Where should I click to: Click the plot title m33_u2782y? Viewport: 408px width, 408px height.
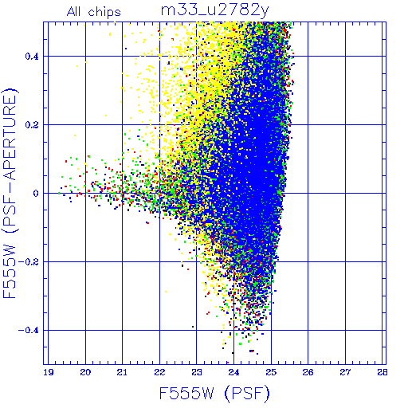coord(215,10)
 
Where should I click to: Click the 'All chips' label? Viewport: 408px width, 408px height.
coord(94,12)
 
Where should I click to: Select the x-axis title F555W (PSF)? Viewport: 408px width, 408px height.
coord(214,393)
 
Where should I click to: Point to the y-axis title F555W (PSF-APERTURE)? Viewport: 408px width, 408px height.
coord(10,193)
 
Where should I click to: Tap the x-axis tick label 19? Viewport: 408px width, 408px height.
coord(49,372)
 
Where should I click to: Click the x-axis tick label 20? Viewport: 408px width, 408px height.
coord(85,372)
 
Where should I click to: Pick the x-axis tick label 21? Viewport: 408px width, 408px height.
coord(122,372)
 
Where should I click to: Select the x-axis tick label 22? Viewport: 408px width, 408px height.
coord(159,372)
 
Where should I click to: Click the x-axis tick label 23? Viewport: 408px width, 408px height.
coord(197,372)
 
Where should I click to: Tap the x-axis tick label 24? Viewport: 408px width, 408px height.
coord(233,372)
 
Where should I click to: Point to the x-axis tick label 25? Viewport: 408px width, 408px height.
coord(271,372)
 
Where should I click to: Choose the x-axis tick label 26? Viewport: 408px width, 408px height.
coord(308,372)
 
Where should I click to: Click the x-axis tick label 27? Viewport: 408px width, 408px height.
coord(345,372)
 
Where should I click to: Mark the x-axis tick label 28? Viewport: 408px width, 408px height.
coord(382,372)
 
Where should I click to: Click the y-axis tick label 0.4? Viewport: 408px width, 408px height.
coord(32,57)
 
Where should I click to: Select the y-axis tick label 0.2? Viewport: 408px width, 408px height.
coord(32,125)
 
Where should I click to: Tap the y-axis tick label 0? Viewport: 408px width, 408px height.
coord(36,194)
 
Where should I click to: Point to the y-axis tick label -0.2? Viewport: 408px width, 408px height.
coord(29,262)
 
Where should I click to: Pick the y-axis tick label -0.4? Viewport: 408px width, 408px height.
coord(29,331)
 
